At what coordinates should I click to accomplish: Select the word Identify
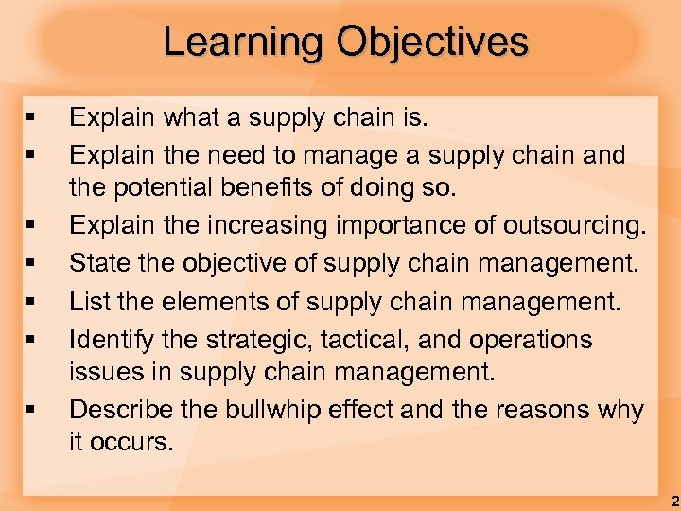pyautogui.click(x=106, y=339)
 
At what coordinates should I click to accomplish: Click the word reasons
pyautogui.click(x=528, y=410)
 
